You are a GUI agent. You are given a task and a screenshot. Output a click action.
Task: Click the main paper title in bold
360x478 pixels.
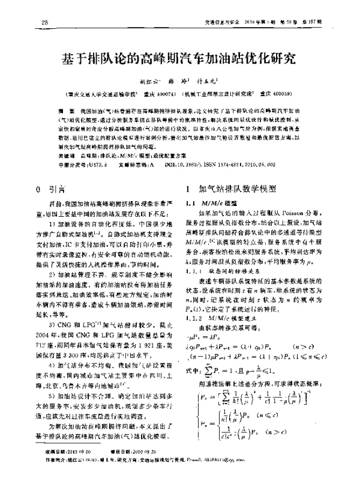(x=180, y=60)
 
